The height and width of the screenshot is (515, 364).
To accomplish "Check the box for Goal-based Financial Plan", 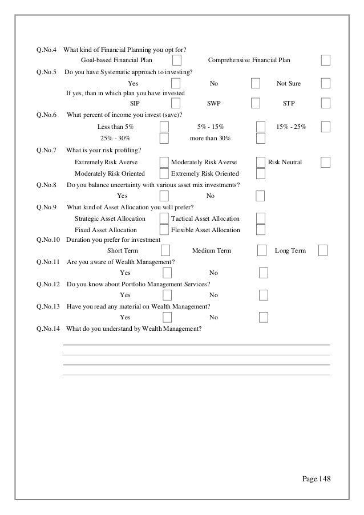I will [177, 60].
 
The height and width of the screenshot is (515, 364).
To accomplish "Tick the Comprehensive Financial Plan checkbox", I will [325, 60].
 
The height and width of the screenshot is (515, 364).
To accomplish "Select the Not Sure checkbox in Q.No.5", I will [325, 83].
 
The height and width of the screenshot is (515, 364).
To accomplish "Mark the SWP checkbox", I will [256, 103].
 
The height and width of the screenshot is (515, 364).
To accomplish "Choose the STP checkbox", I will [325, 103].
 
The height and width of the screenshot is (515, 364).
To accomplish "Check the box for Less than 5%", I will [164, 127].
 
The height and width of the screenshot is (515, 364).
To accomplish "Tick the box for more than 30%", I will [261, 138].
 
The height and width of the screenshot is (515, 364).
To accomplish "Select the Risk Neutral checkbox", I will [325, 162].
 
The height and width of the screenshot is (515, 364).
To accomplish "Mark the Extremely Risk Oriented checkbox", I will [261, 173].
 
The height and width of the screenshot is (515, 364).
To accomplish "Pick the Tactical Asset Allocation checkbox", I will [261, 218].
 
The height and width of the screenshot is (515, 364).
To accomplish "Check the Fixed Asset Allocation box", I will [164, 230].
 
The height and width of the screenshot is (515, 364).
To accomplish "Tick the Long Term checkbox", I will [323, 250].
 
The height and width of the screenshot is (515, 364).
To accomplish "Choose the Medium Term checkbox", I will [262, 250].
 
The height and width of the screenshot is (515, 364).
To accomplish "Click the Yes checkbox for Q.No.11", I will [167, 273].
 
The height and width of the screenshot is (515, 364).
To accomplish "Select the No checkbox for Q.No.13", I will [264, 317].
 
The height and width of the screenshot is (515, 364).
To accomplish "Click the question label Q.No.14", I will [48, 329].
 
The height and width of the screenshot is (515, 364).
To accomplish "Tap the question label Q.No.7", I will [46, 151].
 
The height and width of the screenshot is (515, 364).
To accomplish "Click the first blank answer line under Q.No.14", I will [196, 344].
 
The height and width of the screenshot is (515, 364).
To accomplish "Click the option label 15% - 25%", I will [291, 127].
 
